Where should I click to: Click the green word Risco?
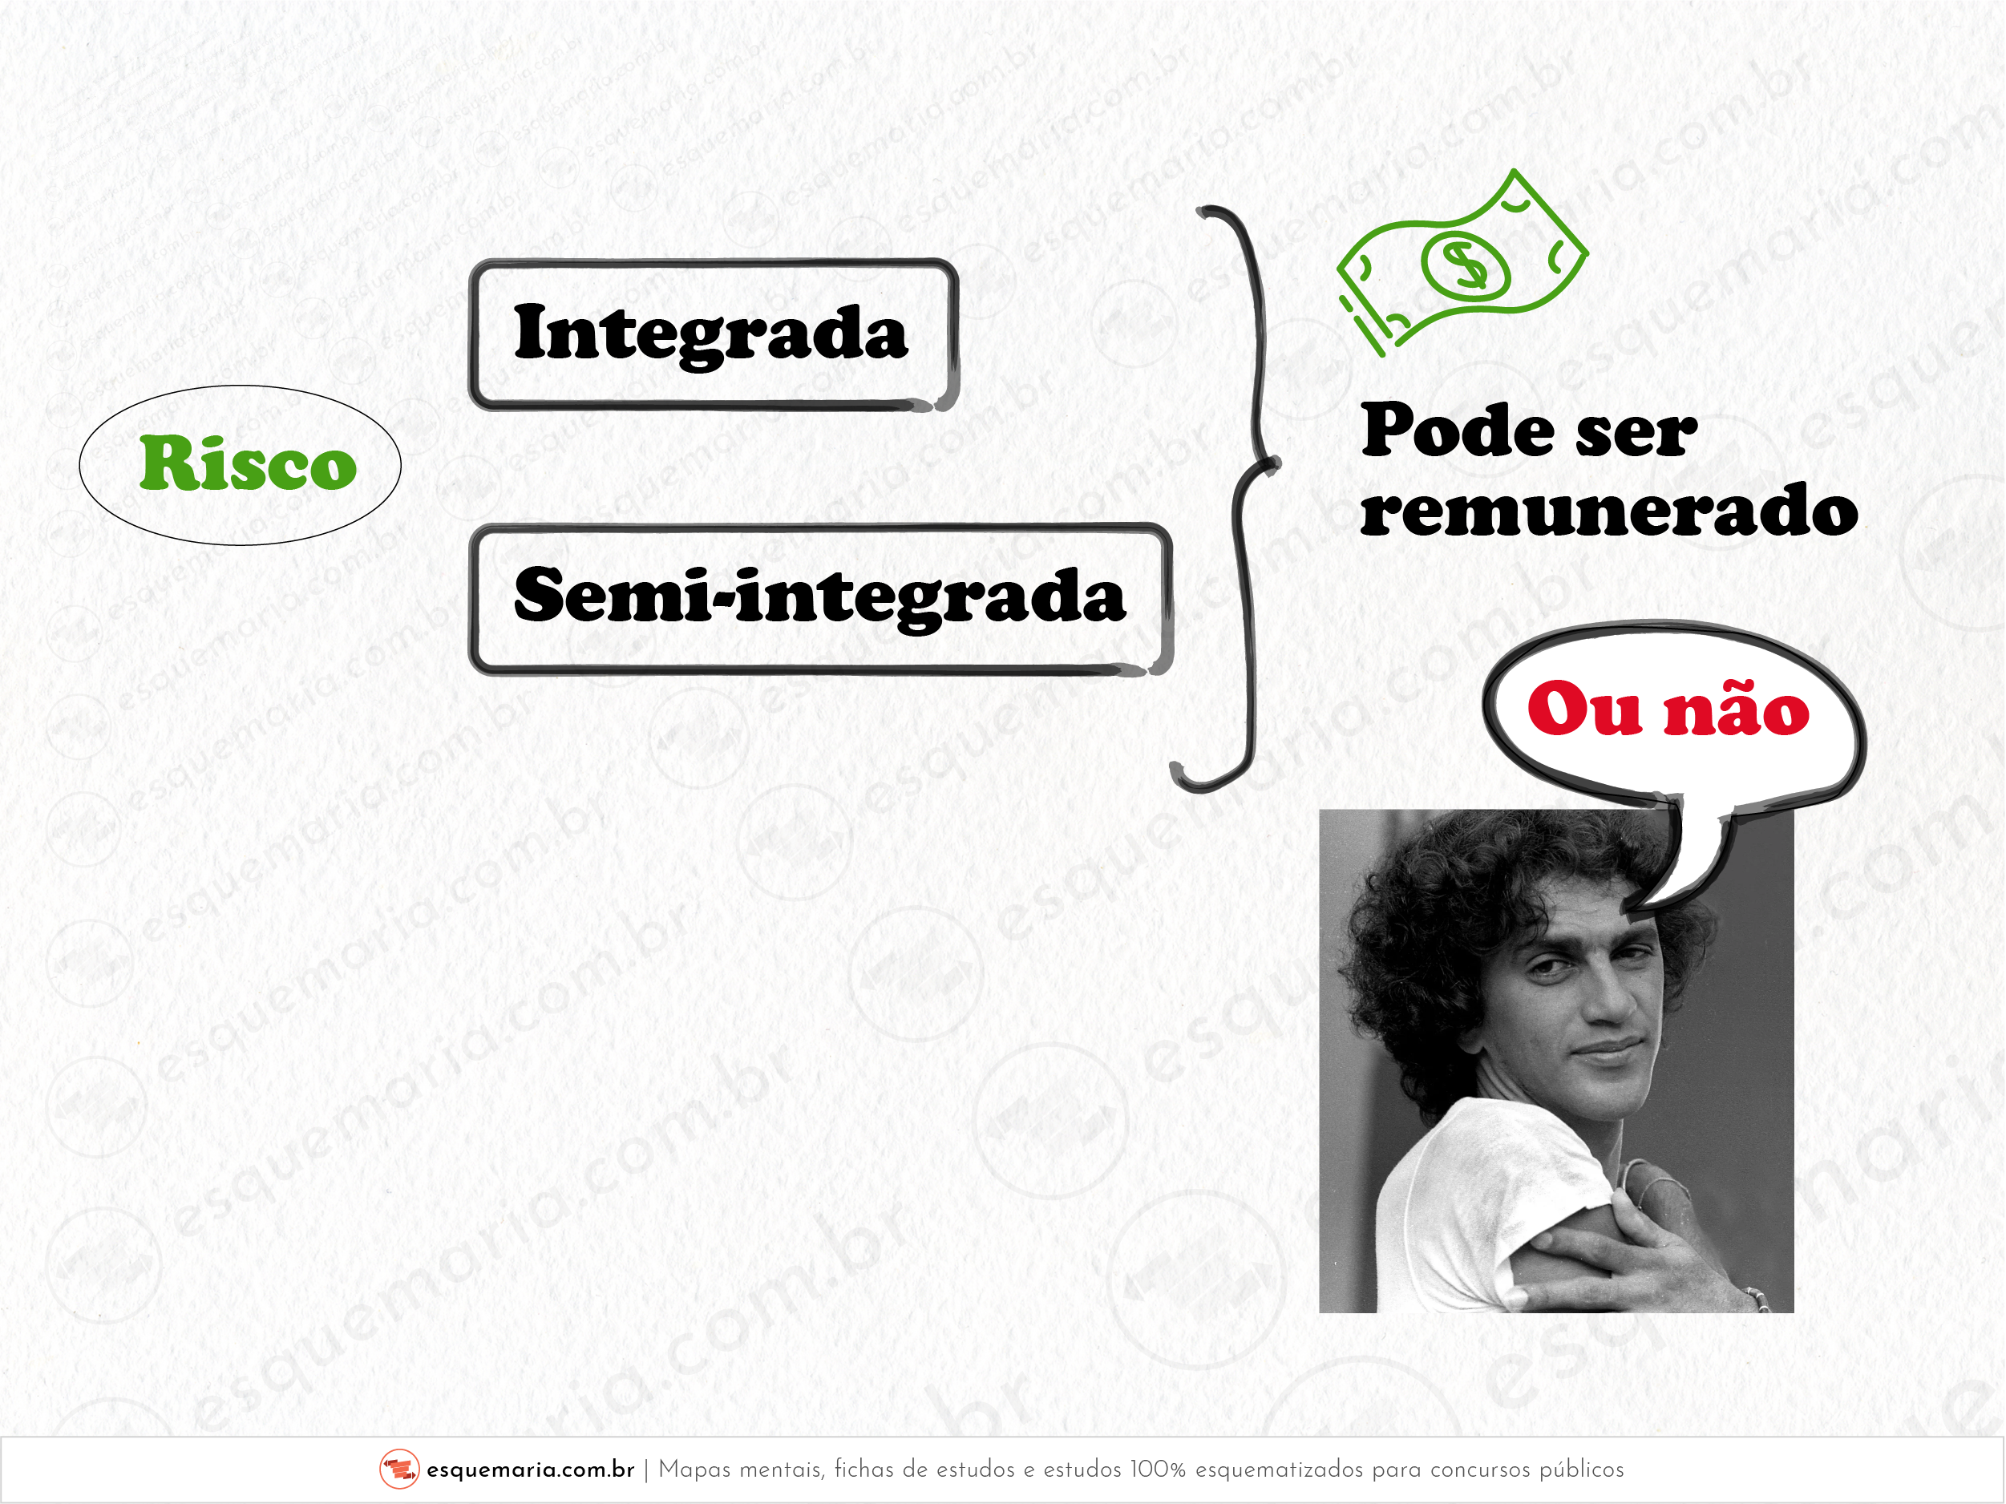248,463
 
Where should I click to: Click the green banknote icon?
1462,263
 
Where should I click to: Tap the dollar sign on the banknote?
1465,263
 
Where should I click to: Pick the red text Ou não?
1668,709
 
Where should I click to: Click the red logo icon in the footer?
399,1469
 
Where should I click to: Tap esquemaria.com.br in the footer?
531,1470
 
